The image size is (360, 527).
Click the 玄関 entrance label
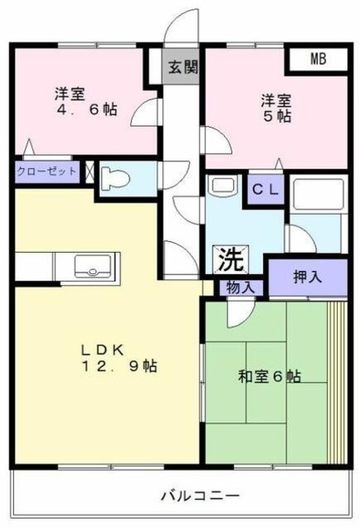point(184,67)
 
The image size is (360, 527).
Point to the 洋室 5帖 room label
point(276,108)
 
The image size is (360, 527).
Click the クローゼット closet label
point(46,173)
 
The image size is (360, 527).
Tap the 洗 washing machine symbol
point(230,259)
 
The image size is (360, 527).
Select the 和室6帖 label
point(269,376)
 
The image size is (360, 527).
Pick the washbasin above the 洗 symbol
point(220,186)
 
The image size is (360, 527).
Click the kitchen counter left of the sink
point(33,267)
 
